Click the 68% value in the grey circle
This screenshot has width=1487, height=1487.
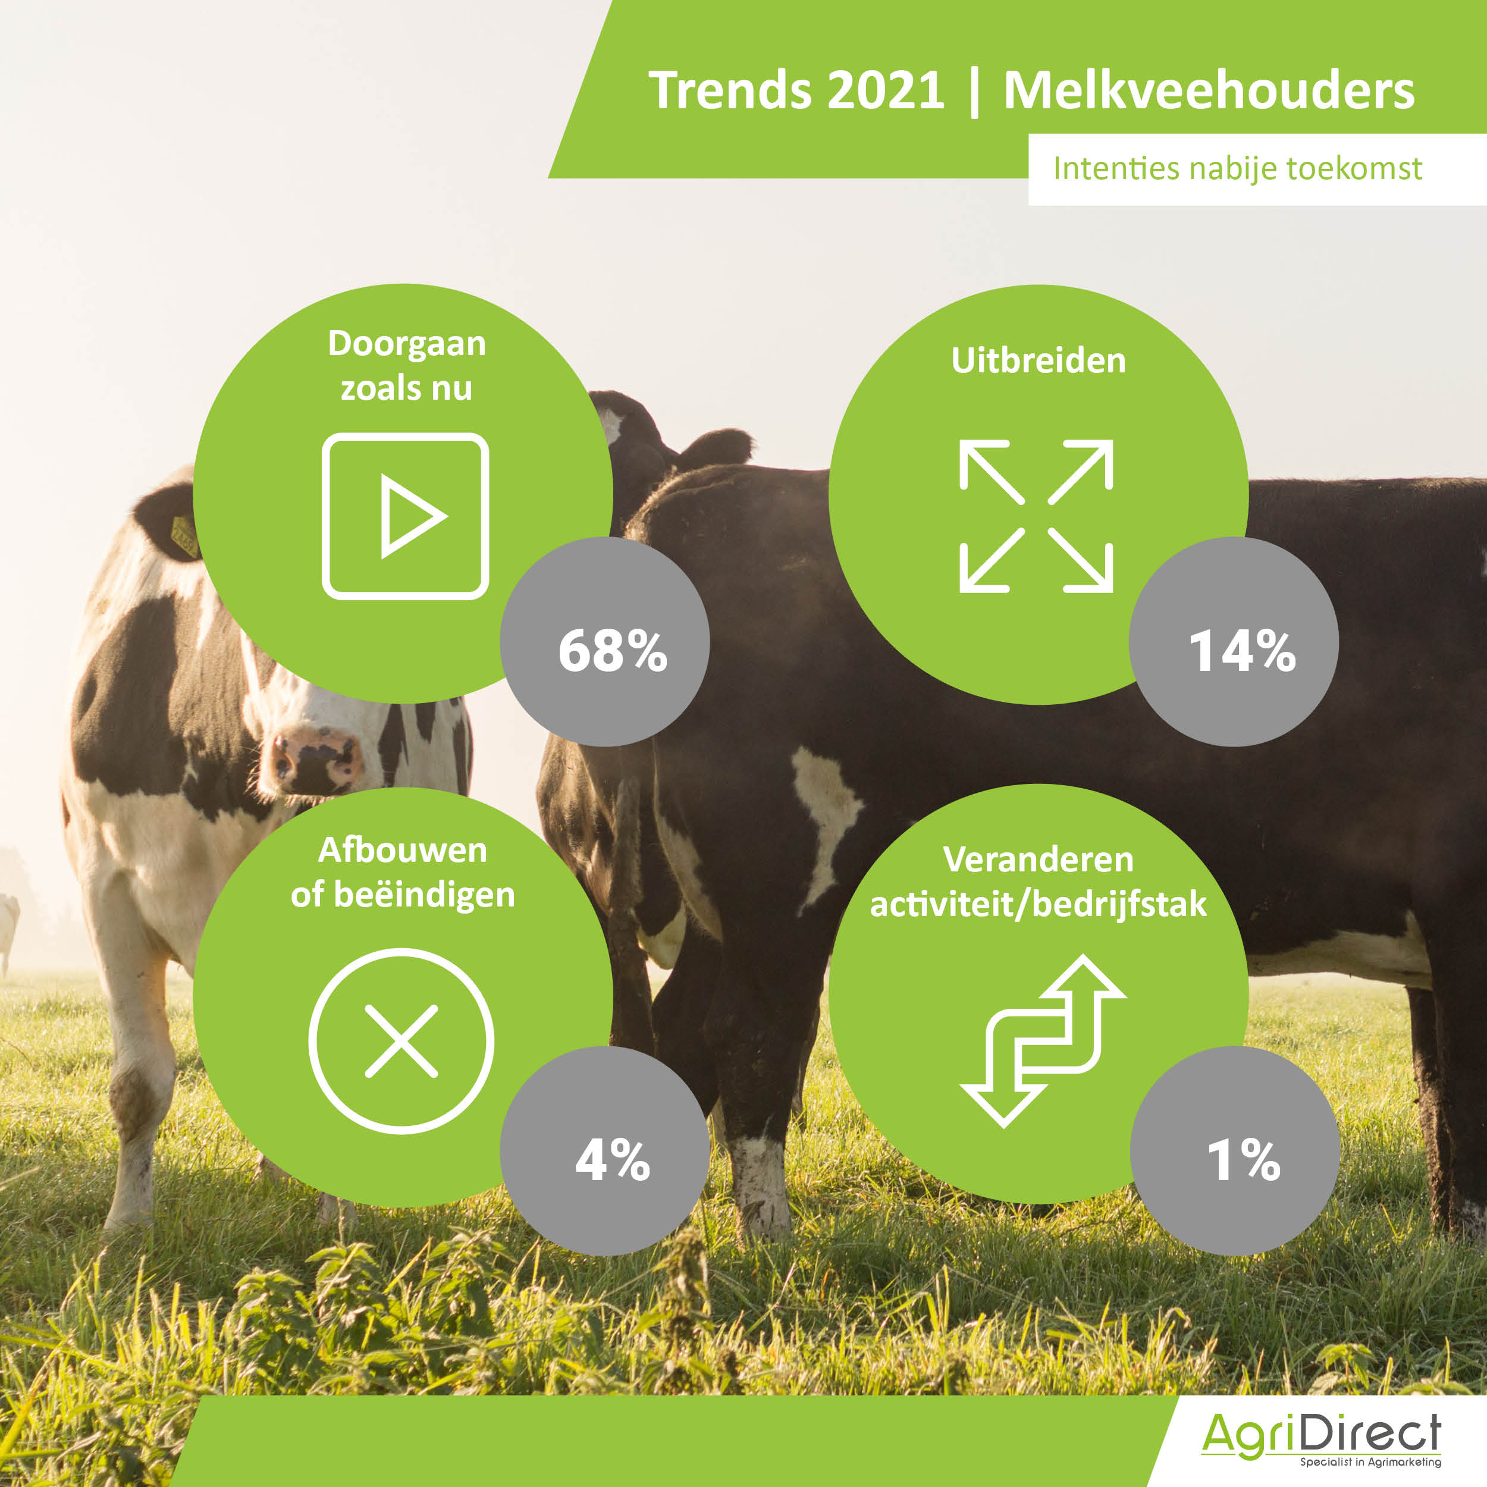click(x=613, y=651)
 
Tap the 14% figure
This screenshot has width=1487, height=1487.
click(x=1243, y=651)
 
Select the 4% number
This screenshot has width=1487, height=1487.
click(x=613, y=1159)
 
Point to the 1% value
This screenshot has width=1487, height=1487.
click(x=1244, y=1159)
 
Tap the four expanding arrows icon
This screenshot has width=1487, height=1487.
click(x=1036, y=516)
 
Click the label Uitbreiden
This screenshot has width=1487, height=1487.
click(x=1039, y=360)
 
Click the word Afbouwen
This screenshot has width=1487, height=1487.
click(x=403, y=851)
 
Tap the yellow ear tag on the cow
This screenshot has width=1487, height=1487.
click(x=183, y=537)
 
